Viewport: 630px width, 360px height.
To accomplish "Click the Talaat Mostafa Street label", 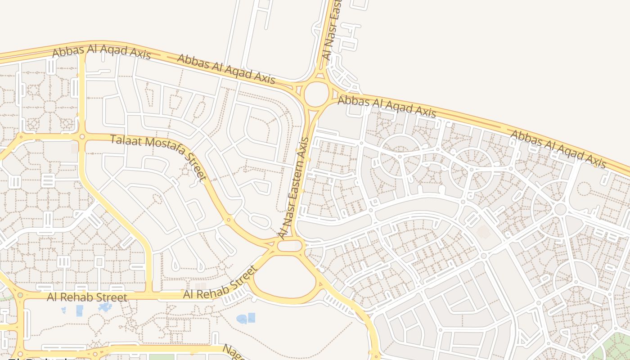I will pyautogui.click(x=158, y=157).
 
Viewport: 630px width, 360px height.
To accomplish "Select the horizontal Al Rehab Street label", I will pyautogui.click(x=87, y=297).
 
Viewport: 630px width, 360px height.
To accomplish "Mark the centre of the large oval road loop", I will pyautogui.click(x=284, y=277).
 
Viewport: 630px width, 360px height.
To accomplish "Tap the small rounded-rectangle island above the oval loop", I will pyautogui.click(x=290, y=246).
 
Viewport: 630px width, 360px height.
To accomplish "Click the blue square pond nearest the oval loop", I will pyautogui.click(x=251, y=317).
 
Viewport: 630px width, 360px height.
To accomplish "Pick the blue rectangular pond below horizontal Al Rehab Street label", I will pyautogui.click(x=80, y=310).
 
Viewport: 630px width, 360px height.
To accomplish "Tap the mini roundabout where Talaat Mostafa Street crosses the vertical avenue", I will pyautogui.click(x=82, y=136).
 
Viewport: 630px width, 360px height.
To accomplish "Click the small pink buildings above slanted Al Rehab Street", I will pyautogui.click(x=200, y=286).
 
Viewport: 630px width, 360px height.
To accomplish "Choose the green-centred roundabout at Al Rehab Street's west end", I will pyautogui.click(x=20, y=296).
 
